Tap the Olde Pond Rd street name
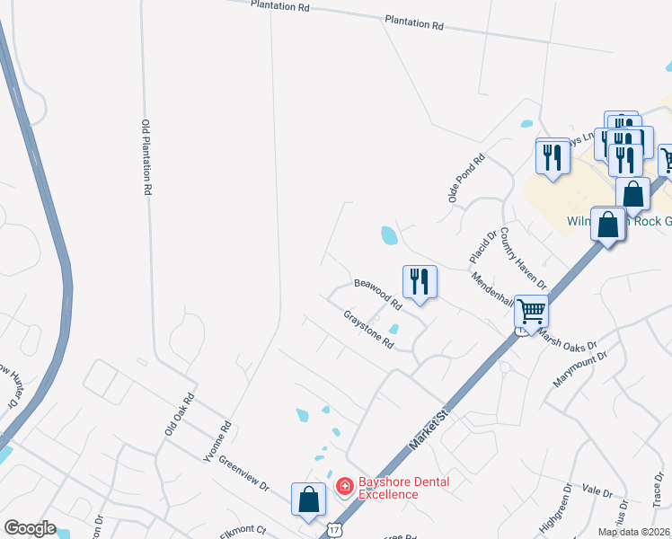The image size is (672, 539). tap(466, 177)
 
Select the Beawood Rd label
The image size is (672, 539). tap(377, 294)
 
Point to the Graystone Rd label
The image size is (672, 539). tap(369, 330)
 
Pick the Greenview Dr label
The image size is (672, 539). tap(243, 473)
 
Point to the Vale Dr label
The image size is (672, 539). tap(597, 491)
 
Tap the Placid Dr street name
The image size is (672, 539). tap(482, 247)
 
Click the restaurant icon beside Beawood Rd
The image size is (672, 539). tap(419, 282)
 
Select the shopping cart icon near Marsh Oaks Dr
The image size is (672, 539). tap(531, 312)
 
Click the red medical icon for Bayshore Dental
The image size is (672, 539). tap(343, 488)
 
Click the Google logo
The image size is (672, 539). tap(30, 528)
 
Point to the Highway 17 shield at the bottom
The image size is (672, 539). tap(334, 530)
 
